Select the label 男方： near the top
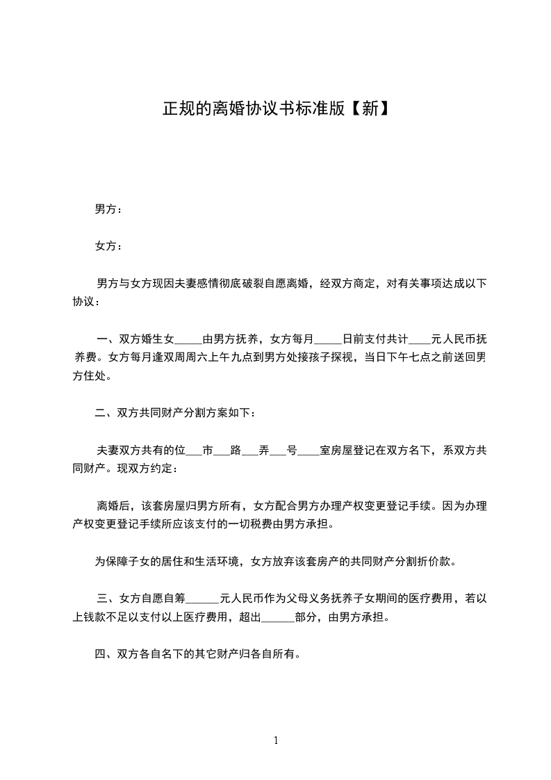coord(108,209)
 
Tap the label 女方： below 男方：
coord(108,246)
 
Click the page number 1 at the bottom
coord(276,740)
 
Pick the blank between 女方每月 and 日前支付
coord(328,340)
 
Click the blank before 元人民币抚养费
coord(420,340)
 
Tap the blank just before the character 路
coord(222,451)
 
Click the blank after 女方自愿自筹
coord(204,598)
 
